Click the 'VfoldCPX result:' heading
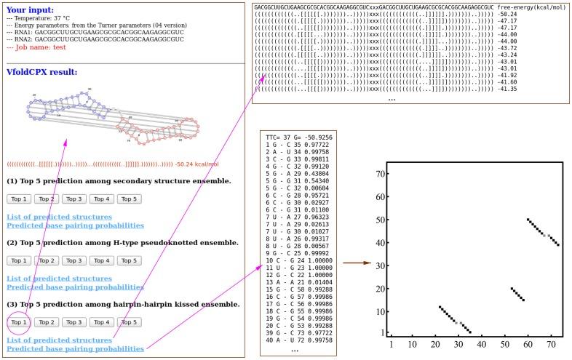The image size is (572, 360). [41, 71]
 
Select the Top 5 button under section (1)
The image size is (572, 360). [129, 199]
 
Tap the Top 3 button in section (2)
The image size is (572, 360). [74, 260]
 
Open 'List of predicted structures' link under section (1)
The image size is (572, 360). [59, 217]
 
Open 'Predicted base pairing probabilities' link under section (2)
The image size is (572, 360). [75, 287]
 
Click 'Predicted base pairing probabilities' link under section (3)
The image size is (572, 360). [75, 349]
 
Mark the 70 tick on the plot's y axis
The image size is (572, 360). [379, 175]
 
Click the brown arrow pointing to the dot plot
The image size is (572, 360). [357, 263]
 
